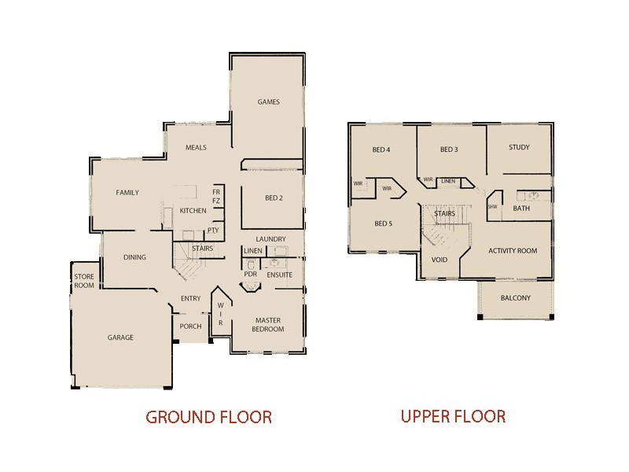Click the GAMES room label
[x=269, y=102]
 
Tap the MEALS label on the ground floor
[x=196, y=148]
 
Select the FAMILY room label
[x=127, y=193]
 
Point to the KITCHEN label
[x=193, y=211]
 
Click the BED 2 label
[x=273, y=198]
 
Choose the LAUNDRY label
[x=270, y=239]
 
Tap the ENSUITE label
[x=279, y=275]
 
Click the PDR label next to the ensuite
[x=250, y=275]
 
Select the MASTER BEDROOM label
[x=268, y=324]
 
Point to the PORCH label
[x=190, y=326]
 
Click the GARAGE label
[x=120, y=337]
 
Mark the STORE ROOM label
[x=84, y=281]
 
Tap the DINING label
[x=135, y=257]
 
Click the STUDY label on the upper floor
[x=519, y=148]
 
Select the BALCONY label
[x=516, y=298]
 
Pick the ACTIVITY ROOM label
[x=513, y=251]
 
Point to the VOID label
[x=440, y=259]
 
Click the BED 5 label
[x=383, y=223]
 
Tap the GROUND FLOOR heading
[x=208, y=417]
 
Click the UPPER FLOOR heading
[x=453, y=416]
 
